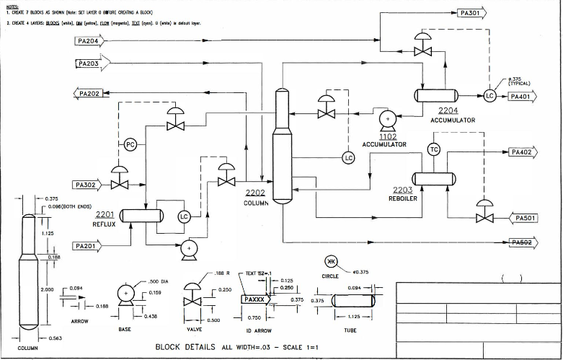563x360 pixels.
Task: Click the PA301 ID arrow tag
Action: click(472, 13)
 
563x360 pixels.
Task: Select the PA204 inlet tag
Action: click(90, 41)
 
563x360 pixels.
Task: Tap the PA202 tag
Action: click(89, 93)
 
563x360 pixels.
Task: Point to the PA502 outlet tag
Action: click(525, 242)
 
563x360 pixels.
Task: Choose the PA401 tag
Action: click(522, 96)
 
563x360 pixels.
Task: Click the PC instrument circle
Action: click(130, 144)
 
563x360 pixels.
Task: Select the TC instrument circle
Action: click(434, 149)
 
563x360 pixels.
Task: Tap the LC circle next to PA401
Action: click(490, 96)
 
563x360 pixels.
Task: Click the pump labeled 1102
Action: click(387, 118)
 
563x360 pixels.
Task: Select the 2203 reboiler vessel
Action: click(433, 178)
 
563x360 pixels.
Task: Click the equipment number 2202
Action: click(256, 193)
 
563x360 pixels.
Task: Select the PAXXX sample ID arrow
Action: click(256, 299)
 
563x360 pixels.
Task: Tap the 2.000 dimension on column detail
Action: click(48, 289)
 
